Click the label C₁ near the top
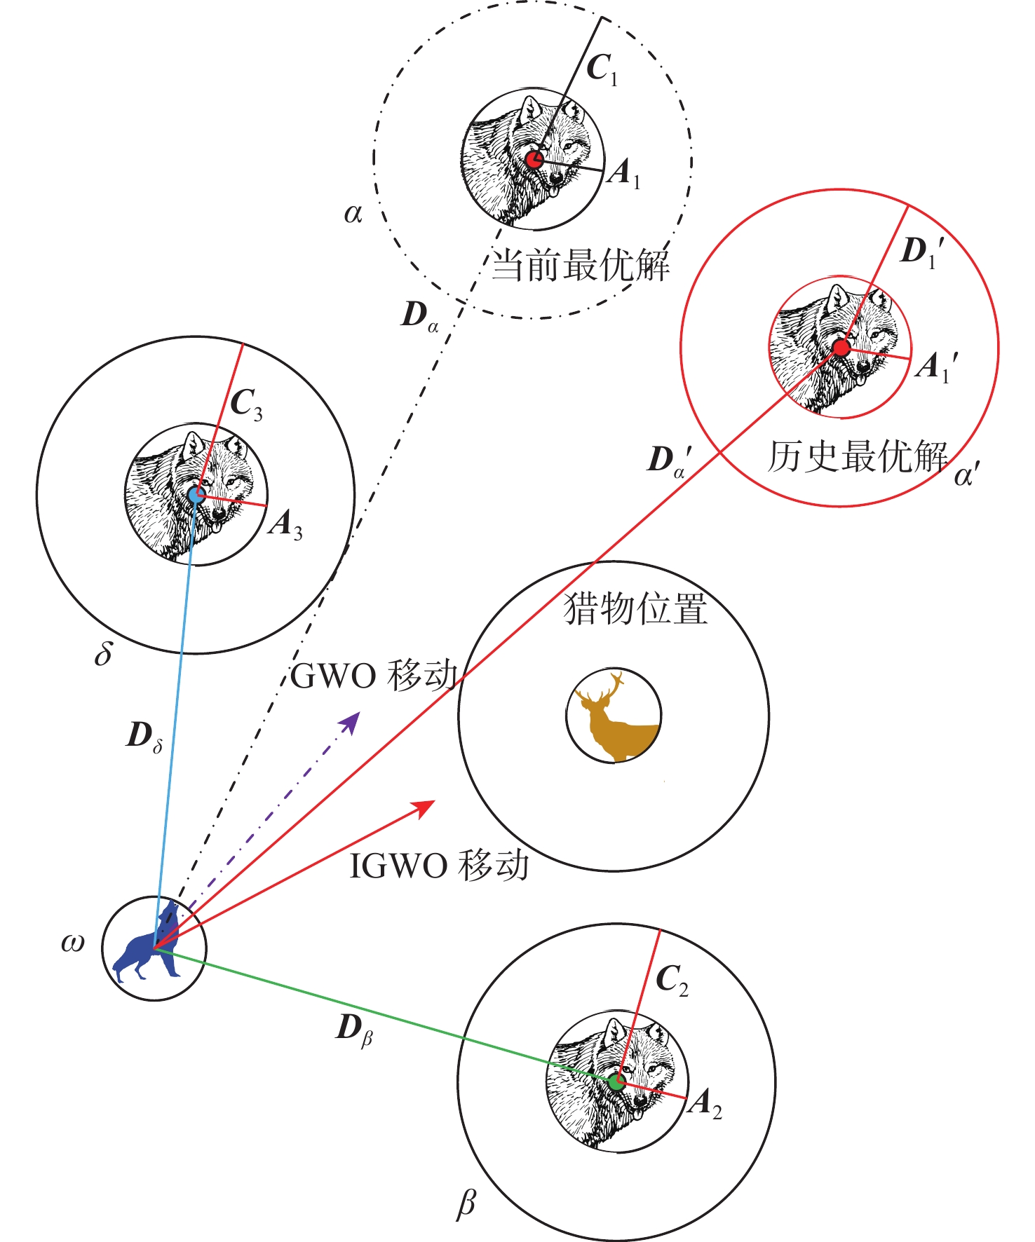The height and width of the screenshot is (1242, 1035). pos(602,69)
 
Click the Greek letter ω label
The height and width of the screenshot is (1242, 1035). pos(73,943)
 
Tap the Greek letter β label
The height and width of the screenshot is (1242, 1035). pos(466,1203)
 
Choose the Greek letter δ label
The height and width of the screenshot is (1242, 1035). pos(103,654)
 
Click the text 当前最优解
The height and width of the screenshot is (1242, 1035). pos(581,265)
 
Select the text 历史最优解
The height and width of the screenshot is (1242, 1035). pos(857,456)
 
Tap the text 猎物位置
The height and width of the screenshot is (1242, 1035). pos(635,608)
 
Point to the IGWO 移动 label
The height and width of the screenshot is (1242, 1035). pos(439,866)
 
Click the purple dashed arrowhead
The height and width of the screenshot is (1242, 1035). pos(351,720)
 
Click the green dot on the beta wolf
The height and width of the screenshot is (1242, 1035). pos(616,1081)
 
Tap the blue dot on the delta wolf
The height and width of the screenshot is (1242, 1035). pos(196,494)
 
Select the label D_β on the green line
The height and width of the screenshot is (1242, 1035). pos(355,1030)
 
